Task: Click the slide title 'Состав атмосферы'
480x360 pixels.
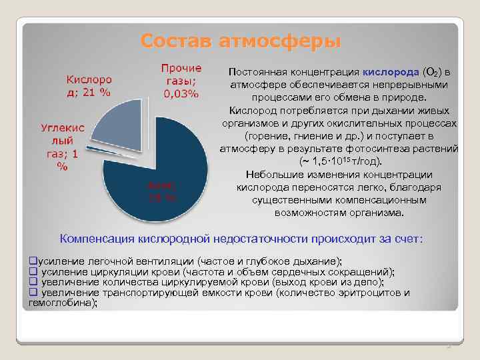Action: (x=240, y=41)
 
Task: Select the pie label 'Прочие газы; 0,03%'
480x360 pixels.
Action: (x=181, y=81)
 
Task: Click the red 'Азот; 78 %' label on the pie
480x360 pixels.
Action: (x=162, y=192)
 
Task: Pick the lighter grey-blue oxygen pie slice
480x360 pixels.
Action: (x=119, y=123)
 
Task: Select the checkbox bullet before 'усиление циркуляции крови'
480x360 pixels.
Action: (x=32, y=271)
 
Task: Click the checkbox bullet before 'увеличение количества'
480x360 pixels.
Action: (x=32, y=282)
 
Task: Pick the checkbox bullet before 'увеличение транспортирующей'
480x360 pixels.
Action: (x=32, y=293)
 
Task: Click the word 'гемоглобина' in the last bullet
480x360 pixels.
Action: (x=61, y=303)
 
